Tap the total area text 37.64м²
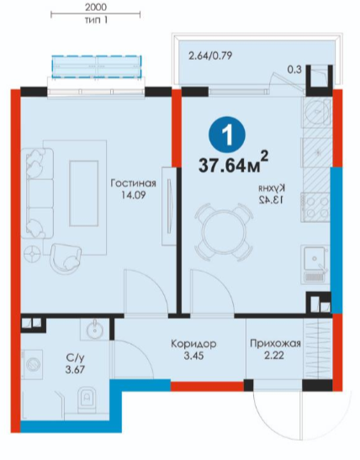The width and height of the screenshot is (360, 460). coord(234,162)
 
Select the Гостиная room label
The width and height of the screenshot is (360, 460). coord(133,183)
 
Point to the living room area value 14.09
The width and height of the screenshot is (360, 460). coord(134,195)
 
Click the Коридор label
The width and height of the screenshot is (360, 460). coord(193,343)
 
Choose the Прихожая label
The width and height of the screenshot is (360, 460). coord(276,343)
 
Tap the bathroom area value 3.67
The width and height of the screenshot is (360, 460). coord(75,369)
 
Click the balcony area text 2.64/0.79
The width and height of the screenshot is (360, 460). coord(210,56)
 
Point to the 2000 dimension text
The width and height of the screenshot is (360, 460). coord(96,7)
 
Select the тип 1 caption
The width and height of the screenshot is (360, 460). coord(96,20)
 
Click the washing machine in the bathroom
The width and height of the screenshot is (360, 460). coord(32,365)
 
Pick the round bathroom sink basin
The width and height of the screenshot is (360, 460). coord(94,329)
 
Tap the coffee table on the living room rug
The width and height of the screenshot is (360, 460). coord(83,193)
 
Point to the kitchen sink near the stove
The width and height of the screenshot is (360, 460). coord(315,265)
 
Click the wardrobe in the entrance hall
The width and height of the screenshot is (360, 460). coord(318,348)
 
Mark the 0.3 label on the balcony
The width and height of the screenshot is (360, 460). coord(294,70)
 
